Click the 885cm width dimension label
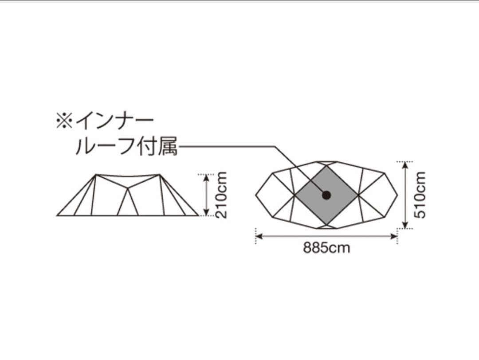click(x=326, y=248)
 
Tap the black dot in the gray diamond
click(x=326, y=195)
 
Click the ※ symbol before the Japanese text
click(x=64, y=120)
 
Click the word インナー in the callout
click(x=114, y=120)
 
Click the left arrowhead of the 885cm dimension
click(x=259, y=236)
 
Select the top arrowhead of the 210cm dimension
click(x=206, y=177)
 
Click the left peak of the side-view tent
click(x=95, y=175)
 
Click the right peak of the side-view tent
click(x=160, y=175)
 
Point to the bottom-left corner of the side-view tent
click(x=57, y=215)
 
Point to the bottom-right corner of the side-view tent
click(x=198, y=215)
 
